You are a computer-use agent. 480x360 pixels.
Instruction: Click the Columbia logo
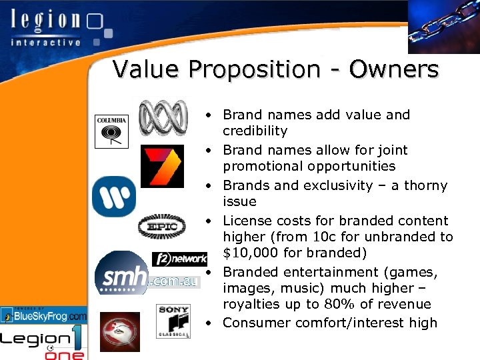[111, 131]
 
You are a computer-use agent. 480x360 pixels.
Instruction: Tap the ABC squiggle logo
[163, 118]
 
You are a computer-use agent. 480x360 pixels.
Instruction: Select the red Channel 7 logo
[162, 167]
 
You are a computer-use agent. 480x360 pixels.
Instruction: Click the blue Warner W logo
[114, 197]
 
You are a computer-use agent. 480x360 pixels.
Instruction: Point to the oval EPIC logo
[161, 227]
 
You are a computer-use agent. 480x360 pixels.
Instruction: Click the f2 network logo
[180, 259]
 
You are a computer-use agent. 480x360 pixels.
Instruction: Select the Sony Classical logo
[174, 321]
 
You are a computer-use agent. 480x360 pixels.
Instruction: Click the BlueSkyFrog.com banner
[44, 315]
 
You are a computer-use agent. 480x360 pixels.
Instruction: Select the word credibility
[255, 131]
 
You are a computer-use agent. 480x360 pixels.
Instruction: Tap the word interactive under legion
[45, 42]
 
